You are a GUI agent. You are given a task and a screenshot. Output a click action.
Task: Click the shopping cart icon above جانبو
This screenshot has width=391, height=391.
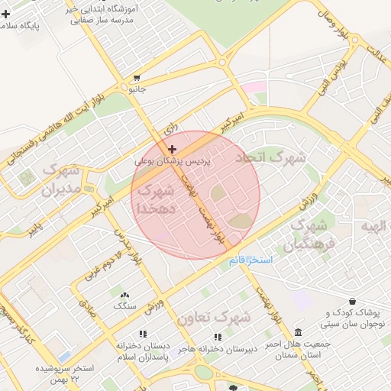coord(137,78)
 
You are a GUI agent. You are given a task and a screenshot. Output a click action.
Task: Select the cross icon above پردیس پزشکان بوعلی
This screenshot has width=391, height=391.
coord(173,149)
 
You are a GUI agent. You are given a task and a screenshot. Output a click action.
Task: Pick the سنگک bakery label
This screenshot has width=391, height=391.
coord(124,306)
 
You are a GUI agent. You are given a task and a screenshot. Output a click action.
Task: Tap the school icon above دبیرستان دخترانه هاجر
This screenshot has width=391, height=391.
coord(218,336)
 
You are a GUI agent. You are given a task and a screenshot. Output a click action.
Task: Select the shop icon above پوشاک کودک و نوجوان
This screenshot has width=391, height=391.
coord(352,302)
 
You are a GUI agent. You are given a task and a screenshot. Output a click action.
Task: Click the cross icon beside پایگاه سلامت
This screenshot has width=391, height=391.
coord(6,14)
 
